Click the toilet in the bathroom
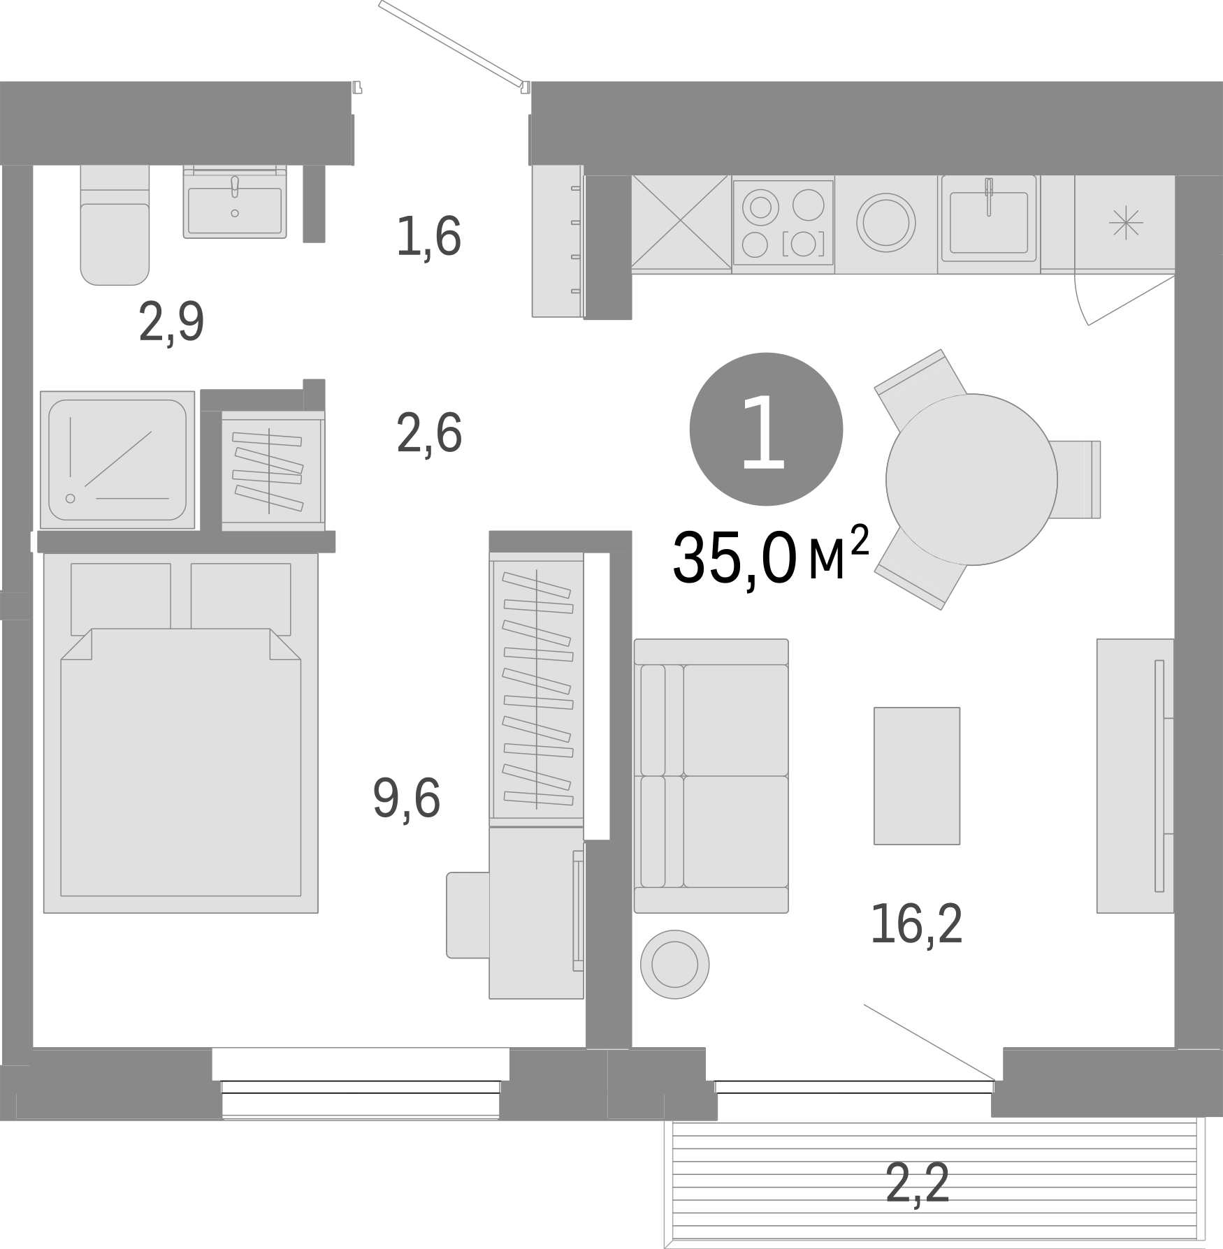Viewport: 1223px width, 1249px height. pyautogui.click(x=115, y=231)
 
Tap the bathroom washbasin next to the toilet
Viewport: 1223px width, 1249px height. pyautogui.click(x=235, y=203)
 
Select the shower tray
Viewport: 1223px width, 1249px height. pyautogui.click(x=117, y=460)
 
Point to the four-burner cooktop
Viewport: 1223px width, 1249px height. pyautogui.click(x=783, y=223)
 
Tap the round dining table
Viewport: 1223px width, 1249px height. pyautogui.click(x=971, y=479)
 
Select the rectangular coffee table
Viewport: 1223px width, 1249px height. pyautogui.click(x=917, y=775)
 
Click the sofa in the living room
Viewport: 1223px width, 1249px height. pyautogui.click(x=711, y=775)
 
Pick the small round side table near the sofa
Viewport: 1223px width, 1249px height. pyautogui.click(x=674, y=963)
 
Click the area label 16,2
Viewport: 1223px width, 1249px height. pyautogui.click(x=917, y=924)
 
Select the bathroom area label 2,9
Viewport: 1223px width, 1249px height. pyautogui.click(x=172, y=322)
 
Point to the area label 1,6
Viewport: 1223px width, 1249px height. pyautogui.click(x=428, y=237)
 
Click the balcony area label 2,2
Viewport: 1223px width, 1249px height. pyautogui.click(x=918, y=1184)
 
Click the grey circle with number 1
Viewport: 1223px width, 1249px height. pyautogui.click(x=766, y=429)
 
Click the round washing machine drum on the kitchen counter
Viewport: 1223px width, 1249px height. pyautogui.click(x=885, y=223)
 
